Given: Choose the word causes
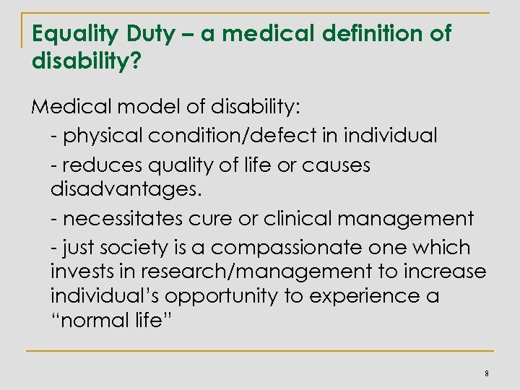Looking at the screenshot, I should coord(337,165).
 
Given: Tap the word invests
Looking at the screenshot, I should coord(79,273).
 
